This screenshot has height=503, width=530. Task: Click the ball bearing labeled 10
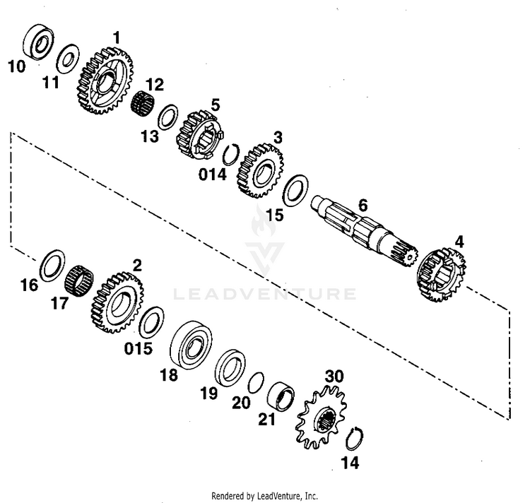[x=37, y=43]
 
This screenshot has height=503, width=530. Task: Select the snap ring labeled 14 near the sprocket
[x=359, y=439]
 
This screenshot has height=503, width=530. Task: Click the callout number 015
[x=138, y=348]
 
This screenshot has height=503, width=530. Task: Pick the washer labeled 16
[x=52, y=264]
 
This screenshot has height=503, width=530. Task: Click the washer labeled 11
[x=67, y=59]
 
